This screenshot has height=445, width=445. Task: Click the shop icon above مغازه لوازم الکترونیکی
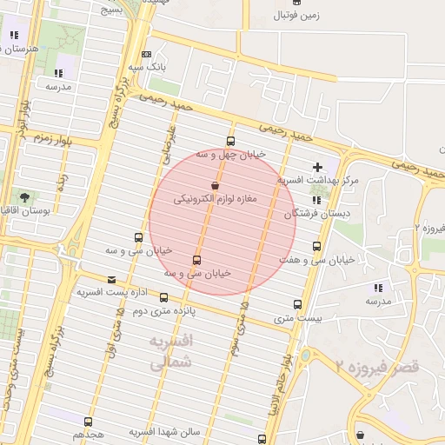tap(215, 185)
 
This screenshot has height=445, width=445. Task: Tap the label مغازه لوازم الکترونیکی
tap(216, 199)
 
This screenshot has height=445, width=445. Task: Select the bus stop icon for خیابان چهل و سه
tap(229, 141)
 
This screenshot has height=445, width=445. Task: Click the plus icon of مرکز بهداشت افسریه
tap(317, 166)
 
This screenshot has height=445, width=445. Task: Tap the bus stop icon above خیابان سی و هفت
tap(315, 247)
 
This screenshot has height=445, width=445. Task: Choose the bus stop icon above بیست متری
tap(298, 304)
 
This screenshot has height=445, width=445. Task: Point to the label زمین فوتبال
tap(296, 16)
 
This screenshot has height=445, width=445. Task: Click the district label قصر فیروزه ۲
tap(377, 366)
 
